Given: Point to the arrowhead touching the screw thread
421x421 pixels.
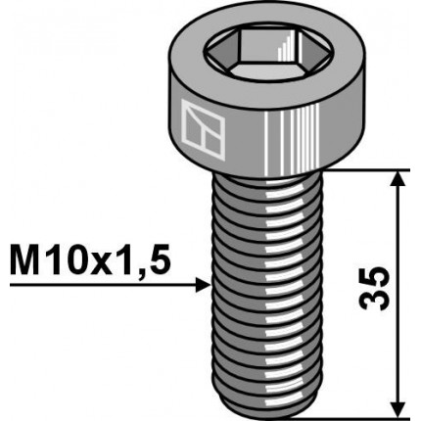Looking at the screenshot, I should tap(204, 285).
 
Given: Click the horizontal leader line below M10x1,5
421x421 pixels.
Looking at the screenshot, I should tap(98, 285).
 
